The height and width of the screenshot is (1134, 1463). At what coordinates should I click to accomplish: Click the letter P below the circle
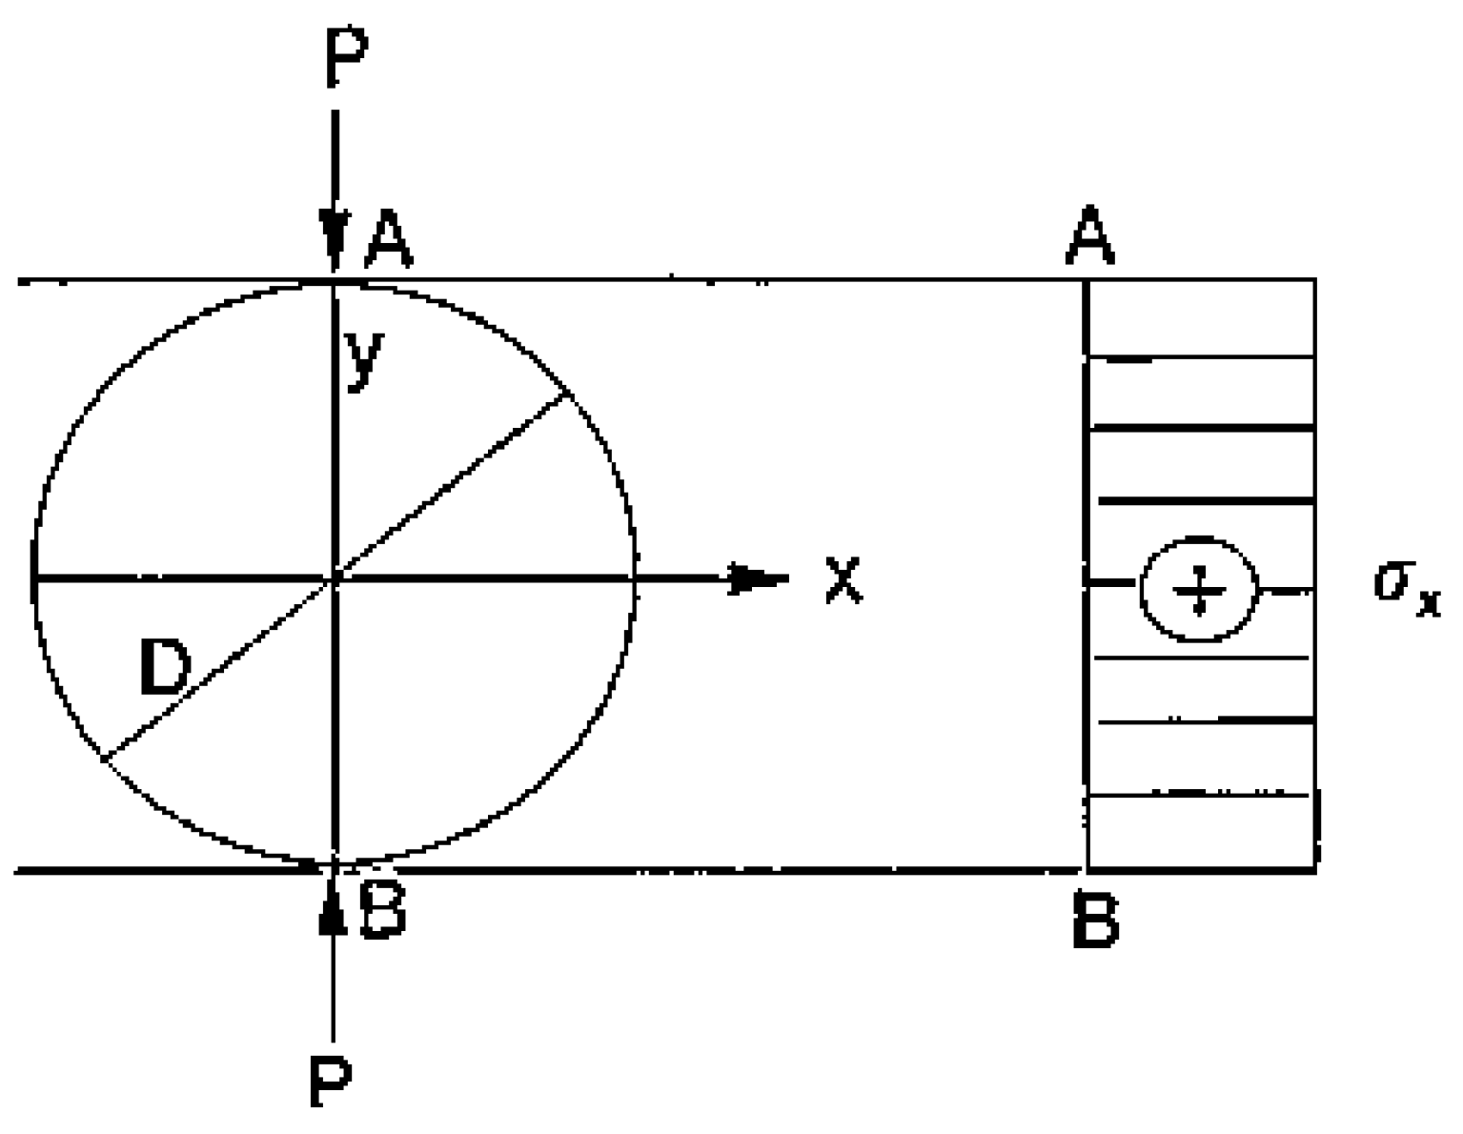pos(332,1081)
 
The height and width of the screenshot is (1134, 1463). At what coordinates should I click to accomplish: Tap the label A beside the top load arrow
pos(389,240)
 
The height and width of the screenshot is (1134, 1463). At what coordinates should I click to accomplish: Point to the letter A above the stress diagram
pos(1090,238)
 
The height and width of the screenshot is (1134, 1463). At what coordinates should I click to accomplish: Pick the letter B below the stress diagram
pos(1094,921)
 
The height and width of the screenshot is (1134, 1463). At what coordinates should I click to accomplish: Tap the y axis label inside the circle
pos(364,359)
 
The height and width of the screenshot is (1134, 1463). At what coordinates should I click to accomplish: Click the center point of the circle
pos(335,577)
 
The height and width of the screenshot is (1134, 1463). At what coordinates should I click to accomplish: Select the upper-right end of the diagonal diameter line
pos(569,393)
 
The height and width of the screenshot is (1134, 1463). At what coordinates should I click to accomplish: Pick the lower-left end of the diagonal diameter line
pos(103,759)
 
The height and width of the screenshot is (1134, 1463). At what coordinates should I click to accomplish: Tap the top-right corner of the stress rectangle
pos(1315,280)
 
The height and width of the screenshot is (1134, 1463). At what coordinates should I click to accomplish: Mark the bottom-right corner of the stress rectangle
pos(1315,868)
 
